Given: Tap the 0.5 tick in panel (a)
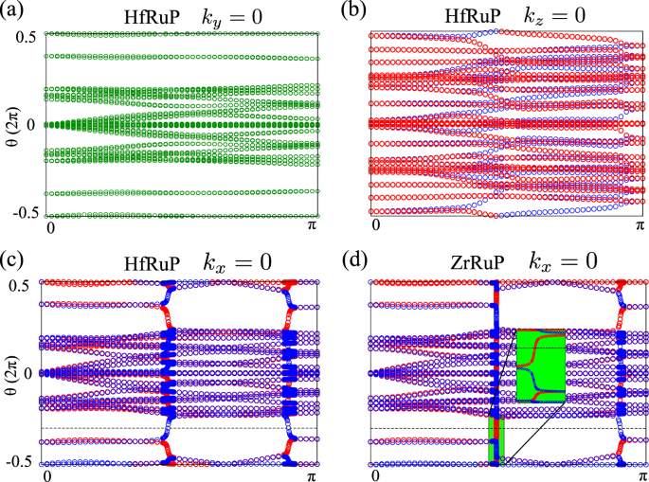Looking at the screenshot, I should point(26,35).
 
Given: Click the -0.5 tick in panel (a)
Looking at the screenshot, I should point(23,216).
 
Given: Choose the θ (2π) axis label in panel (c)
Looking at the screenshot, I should point(11,372).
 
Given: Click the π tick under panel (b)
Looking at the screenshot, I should point(639,227).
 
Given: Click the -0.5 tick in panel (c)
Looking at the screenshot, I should point(23,463).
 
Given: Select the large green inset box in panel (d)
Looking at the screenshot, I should point(540,365).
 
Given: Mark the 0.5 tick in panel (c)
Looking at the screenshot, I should point(26,282).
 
